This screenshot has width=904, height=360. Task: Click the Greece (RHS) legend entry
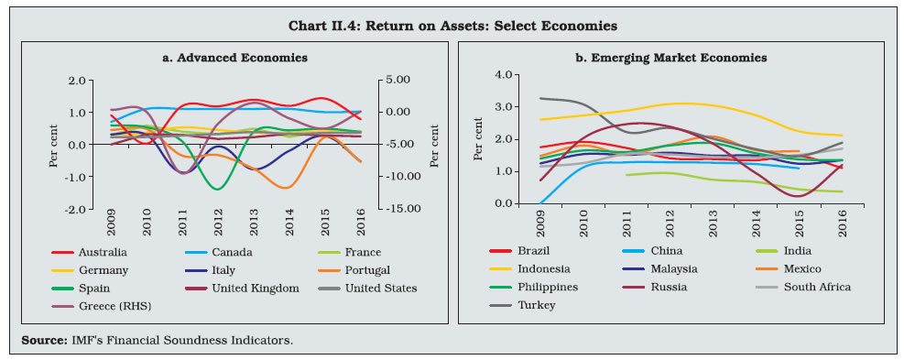(101, 306)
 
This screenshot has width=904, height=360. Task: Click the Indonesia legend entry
(529, 268)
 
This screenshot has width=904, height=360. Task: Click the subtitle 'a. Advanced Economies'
(234, 58)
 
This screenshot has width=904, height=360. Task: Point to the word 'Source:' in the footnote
(41, 341)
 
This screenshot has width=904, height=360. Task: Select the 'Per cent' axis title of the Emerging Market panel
(478, 138)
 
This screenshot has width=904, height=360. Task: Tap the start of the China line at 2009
(540, 203)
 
